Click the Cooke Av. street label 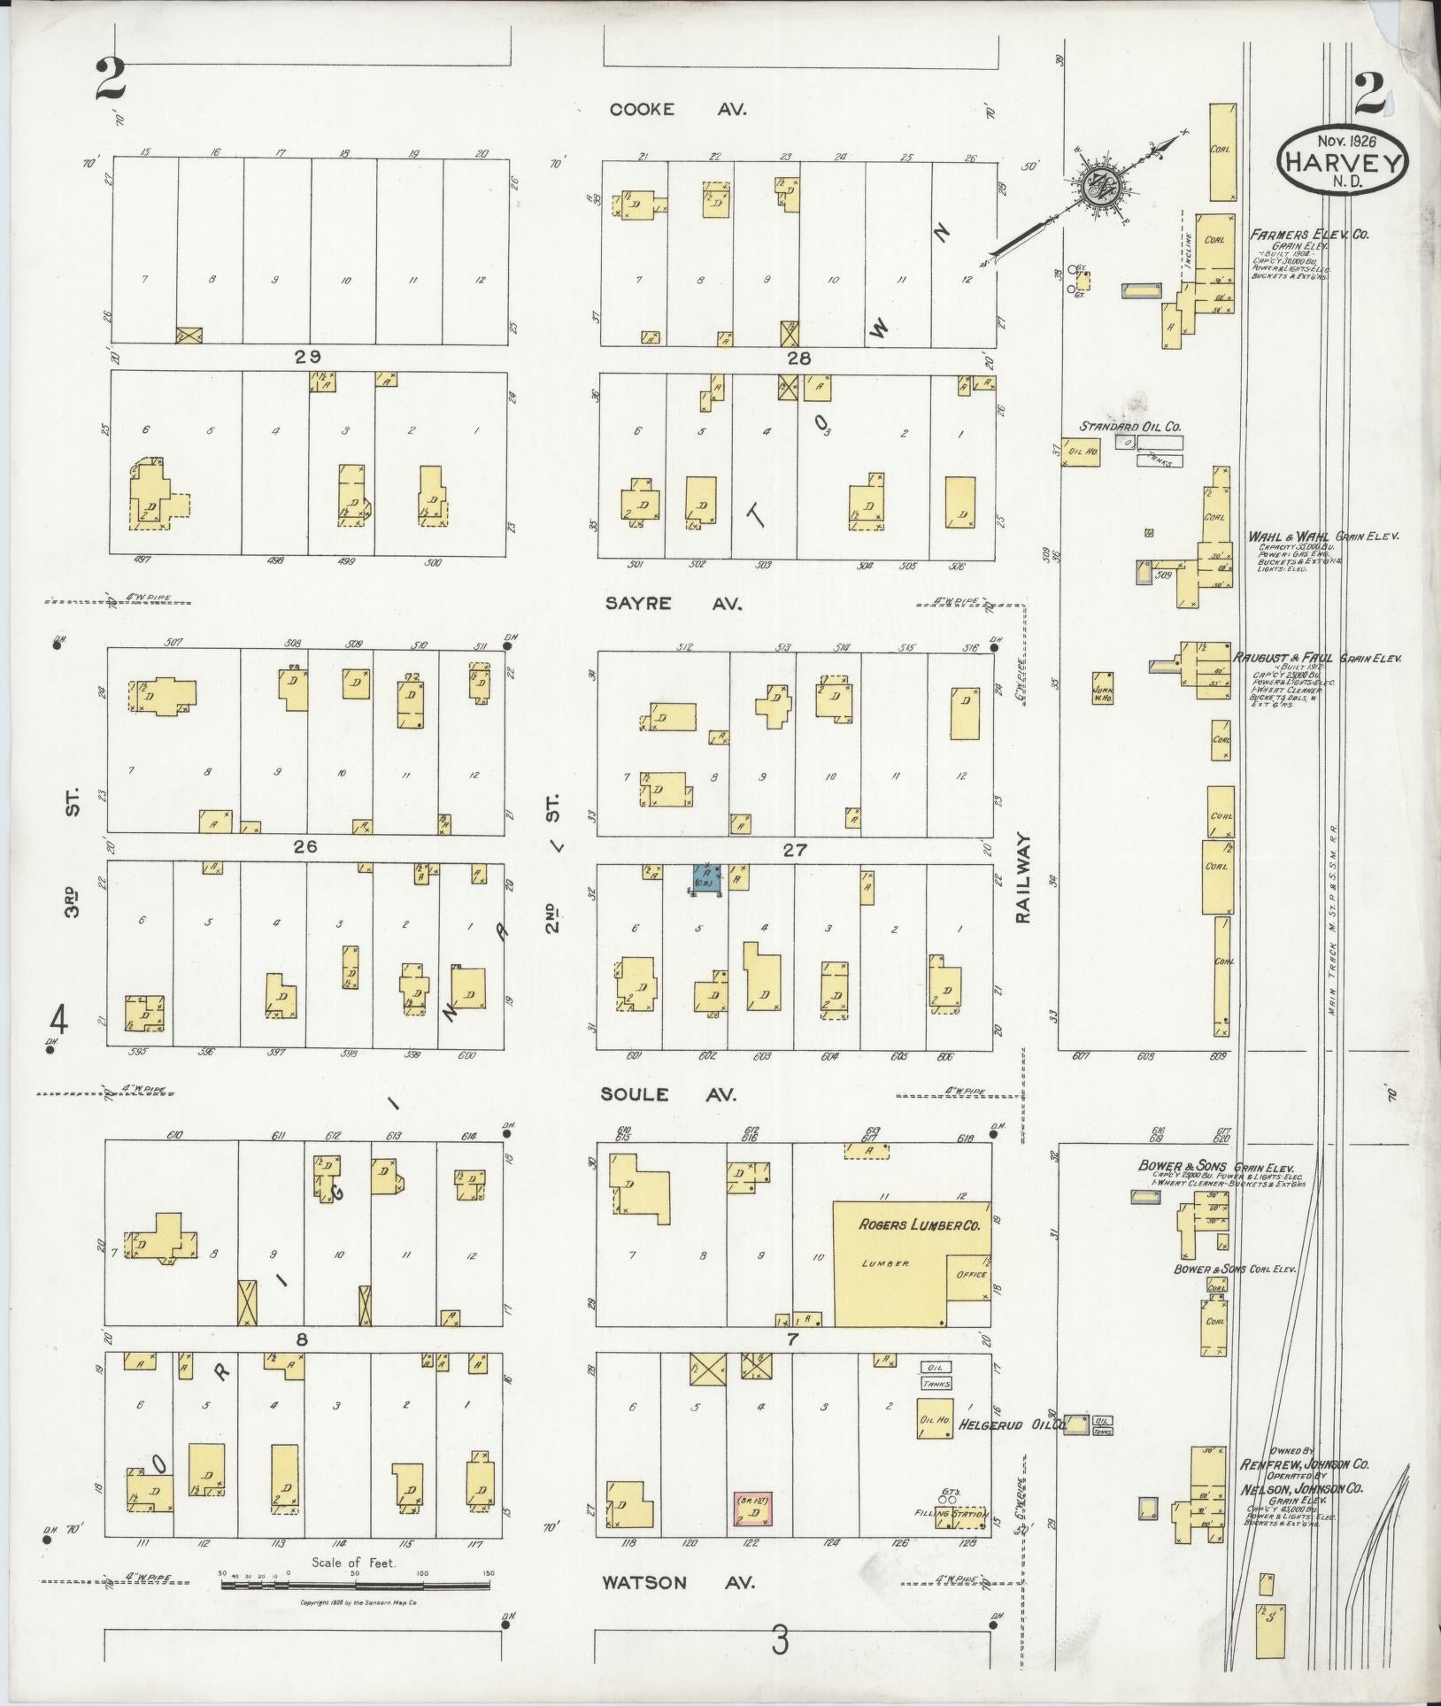tap(678, 110)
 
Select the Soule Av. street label tap(668, 1095)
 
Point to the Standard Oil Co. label tap(1129, 427)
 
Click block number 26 tap(306, 847)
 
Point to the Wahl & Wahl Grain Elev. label tap(1322, 537)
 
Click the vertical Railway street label tap(1024, 877)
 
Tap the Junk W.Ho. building tap(1102, 687)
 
